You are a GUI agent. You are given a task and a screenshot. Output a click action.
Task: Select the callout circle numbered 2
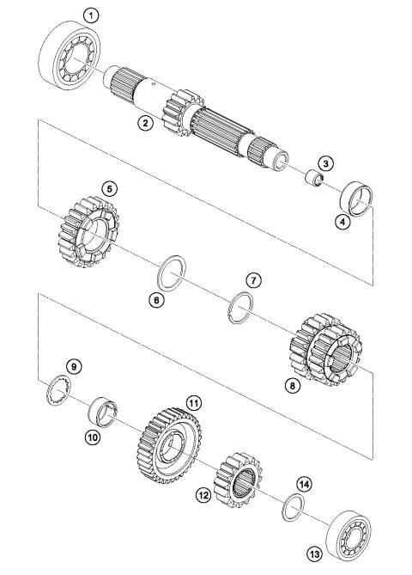click(147, 125)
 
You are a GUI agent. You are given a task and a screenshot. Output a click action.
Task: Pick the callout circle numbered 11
click(194, 403)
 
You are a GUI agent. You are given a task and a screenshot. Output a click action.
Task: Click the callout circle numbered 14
click(305, 483)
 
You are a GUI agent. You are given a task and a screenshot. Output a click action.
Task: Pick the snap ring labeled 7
click(243, 306)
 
